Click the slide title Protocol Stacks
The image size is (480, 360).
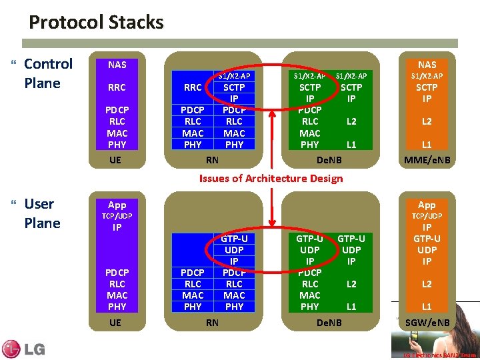pyautogui.click(x=96, y=23)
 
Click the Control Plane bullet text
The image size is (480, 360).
pyautogui.click(x=48, y=73)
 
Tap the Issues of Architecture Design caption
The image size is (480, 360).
pyautogui.click(x=271, y=178)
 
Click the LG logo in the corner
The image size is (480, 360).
pyautogui.click(x=24, y=348)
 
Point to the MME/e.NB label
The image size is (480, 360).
pyautogui.click(x=427, y=160)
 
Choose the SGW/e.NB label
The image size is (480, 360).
pyautogui.click(x=427, y=323)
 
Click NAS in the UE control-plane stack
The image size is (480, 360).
pyautogui.click(x=117, y=65)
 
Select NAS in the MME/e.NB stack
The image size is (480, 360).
pyautogui.click(x=427, y=65)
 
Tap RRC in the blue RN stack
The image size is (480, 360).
pyautogui.click(x=193, y=87)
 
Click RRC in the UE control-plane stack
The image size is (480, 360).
pyautogui.click(x=117, y=87)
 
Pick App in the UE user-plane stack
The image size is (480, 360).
pyautogui.click(x=117, y=205)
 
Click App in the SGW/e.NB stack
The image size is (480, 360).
pyautogui.click(x=427, y=205)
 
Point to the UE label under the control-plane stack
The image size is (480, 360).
pyautogui.click(x=115, y=160)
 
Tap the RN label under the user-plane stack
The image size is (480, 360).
pyautogui.click(x=212, y=323)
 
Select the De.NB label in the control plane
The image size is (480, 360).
pyautogui.click(x=329, y=160)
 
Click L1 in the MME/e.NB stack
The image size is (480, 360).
pyautogui.click(x=427, y=144)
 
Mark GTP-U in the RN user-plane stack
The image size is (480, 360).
pyautogui.click(x=234, y=238)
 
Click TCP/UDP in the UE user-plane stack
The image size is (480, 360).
pyautogui.click(x=117, y=216)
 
